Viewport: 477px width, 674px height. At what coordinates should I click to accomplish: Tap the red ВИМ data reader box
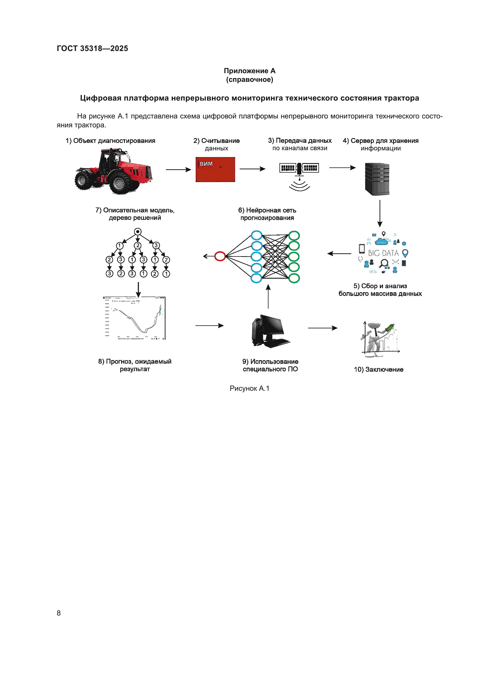pyautogui.click(x=215, y=169)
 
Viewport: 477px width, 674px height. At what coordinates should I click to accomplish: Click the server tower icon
pyautogui.click(x=377, y=179)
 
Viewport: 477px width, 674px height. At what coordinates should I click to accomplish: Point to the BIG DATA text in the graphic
pyautogui.click(x=383, y=253)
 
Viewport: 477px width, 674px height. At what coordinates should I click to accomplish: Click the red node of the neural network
pyautogui.click(x=220, y=256)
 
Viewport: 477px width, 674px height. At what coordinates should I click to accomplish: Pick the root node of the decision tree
pyautogui.click(x=138, y=232)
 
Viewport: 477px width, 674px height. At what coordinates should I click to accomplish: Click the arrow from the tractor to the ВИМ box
pyautogui.click(x=178, y=170)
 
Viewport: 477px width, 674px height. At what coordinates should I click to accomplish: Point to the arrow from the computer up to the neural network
pyautogui.click(x=268, y=297)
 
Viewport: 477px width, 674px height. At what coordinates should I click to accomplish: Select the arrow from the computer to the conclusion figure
pyautogui.click(x=322, y=328)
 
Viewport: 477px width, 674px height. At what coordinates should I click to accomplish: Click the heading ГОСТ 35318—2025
pyautogui.click(x=92, y=48)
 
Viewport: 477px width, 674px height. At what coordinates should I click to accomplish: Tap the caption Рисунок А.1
pyautogui.click(x=249, y=388)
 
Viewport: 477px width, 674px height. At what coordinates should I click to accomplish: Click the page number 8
pyautogui.click(x=59, y=613)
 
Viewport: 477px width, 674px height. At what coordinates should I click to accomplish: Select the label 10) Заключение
pyautogui.click(x=378, y=370)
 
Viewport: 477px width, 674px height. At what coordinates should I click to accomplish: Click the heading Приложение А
pyautogui.click(x=249, y=71)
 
